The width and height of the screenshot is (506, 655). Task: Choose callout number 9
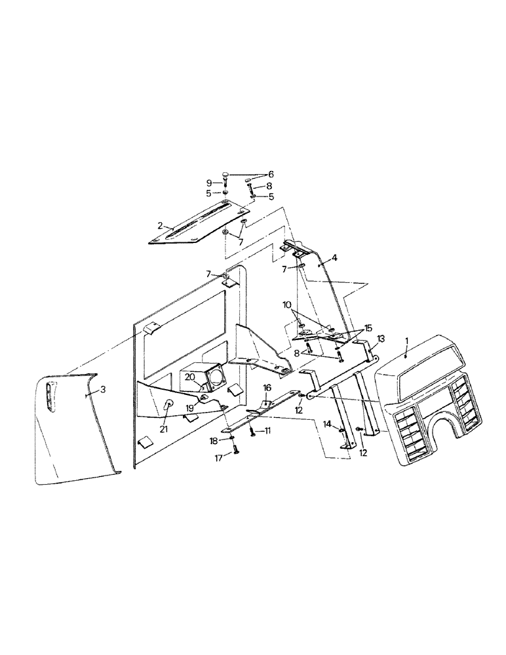coord(210,183)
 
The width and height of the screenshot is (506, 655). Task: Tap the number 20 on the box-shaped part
coord(189,377)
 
